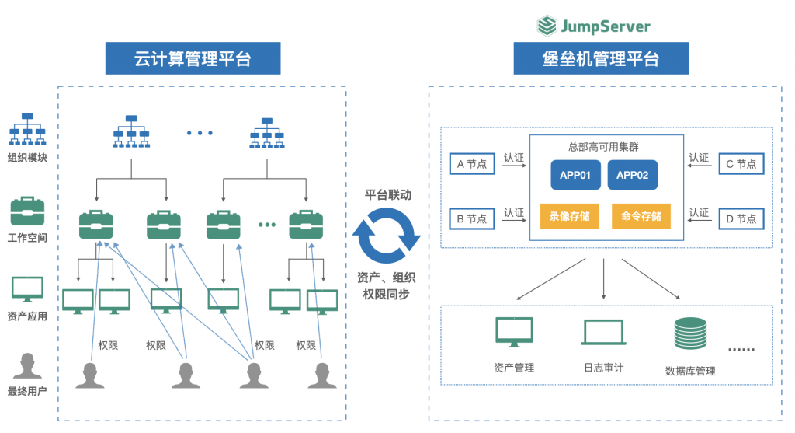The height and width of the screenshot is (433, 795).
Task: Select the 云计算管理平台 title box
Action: click(193, 58)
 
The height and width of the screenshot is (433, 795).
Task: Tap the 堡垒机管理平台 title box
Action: click(601, 58)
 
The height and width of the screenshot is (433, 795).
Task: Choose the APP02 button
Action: click(632, 176)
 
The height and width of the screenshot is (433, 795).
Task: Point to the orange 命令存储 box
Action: click(641, 217)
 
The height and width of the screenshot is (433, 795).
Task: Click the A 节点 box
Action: click(471, 164)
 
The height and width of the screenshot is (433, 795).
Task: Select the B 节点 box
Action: click(471, 218)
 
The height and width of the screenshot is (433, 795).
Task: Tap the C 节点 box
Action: click(741, 164)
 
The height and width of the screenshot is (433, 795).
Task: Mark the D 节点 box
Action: click(741, 218)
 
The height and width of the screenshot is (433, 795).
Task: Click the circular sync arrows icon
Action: click(386, 238)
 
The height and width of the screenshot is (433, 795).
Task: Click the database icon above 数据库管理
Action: click(690, 333)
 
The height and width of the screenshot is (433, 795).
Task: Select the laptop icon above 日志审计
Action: click(603, 333)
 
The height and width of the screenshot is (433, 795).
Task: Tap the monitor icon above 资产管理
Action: click(514, 333)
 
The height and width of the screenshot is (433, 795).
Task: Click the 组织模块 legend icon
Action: click(27, 129)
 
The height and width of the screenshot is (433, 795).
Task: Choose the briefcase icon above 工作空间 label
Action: click(27, 211)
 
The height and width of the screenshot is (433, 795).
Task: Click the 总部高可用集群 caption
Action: click(603, 147)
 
